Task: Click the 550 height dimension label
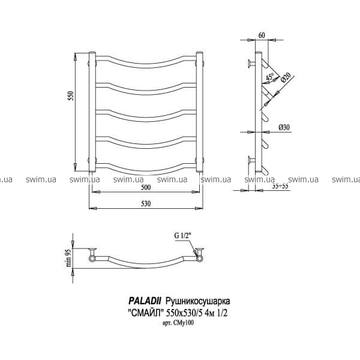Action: tap(71, 96)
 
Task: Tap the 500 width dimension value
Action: tap(146, 187)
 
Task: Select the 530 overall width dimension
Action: tap(146, 203)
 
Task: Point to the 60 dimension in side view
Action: tap(262, 35)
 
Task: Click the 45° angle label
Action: tap(270, 77)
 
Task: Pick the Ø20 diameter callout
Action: tap(286, 77)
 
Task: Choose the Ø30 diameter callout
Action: tap(284, 127)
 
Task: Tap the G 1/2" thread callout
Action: tap(183, 236)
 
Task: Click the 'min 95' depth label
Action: tap(68, 258)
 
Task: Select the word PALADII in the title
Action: tap(145, 301)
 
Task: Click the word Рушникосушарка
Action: tap(197, 301)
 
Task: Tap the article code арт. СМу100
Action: tap(178, 323)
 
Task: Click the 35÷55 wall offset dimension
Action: tap(280, 186)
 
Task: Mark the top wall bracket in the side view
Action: tap(251, 64)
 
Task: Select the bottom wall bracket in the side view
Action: tap(252, 160)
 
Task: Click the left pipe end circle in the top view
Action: tap(92, 259)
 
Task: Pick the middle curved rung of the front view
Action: tap(146, 116)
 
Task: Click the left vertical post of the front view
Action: tap(92, 112)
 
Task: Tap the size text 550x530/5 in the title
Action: tap(187, 313)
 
